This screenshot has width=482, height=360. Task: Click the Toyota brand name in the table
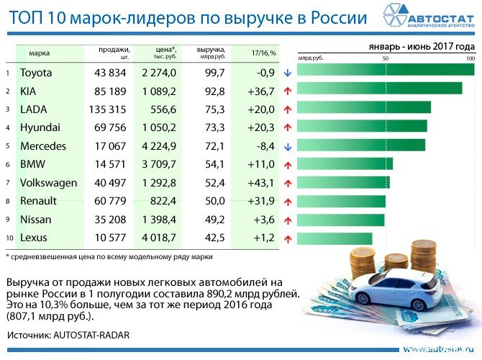coord(36,73)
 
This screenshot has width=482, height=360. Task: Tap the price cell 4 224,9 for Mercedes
coord(159,146)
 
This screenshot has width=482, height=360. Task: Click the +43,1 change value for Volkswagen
coord(260,183)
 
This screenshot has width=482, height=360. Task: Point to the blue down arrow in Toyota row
coord(286,73)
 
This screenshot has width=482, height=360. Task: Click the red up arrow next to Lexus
coord(286,238)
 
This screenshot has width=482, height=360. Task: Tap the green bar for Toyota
coord(386,70)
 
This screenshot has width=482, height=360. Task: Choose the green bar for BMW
coord(345,164)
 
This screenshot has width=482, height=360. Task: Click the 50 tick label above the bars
coord(386,58)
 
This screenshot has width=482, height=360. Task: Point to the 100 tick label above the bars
coord(470,58)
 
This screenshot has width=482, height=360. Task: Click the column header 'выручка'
coord(210,49)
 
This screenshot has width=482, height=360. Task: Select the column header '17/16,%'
coord(264,53)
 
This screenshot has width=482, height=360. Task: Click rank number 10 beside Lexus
coord(8,238)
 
